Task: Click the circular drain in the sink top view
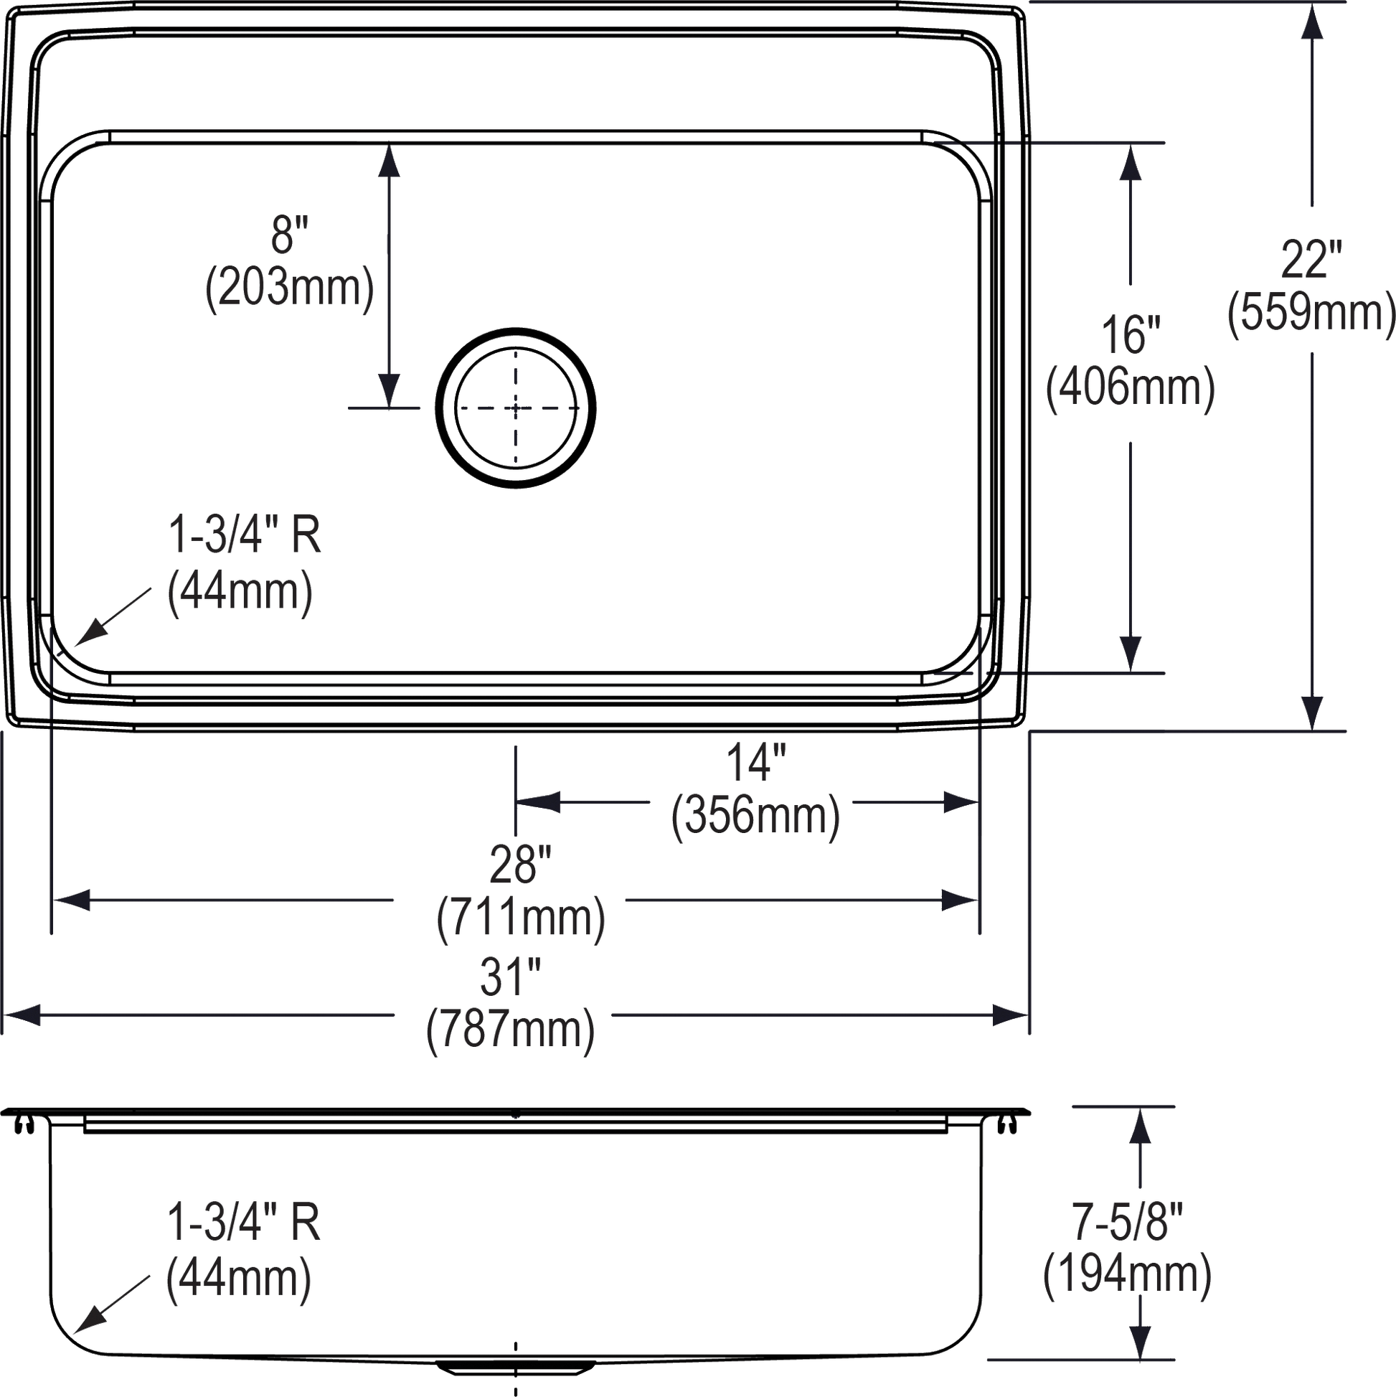click(516, 408)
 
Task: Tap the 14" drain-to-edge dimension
click(756, 764)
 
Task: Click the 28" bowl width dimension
click(521, 864)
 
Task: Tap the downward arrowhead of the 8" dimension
click(390, 390)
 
